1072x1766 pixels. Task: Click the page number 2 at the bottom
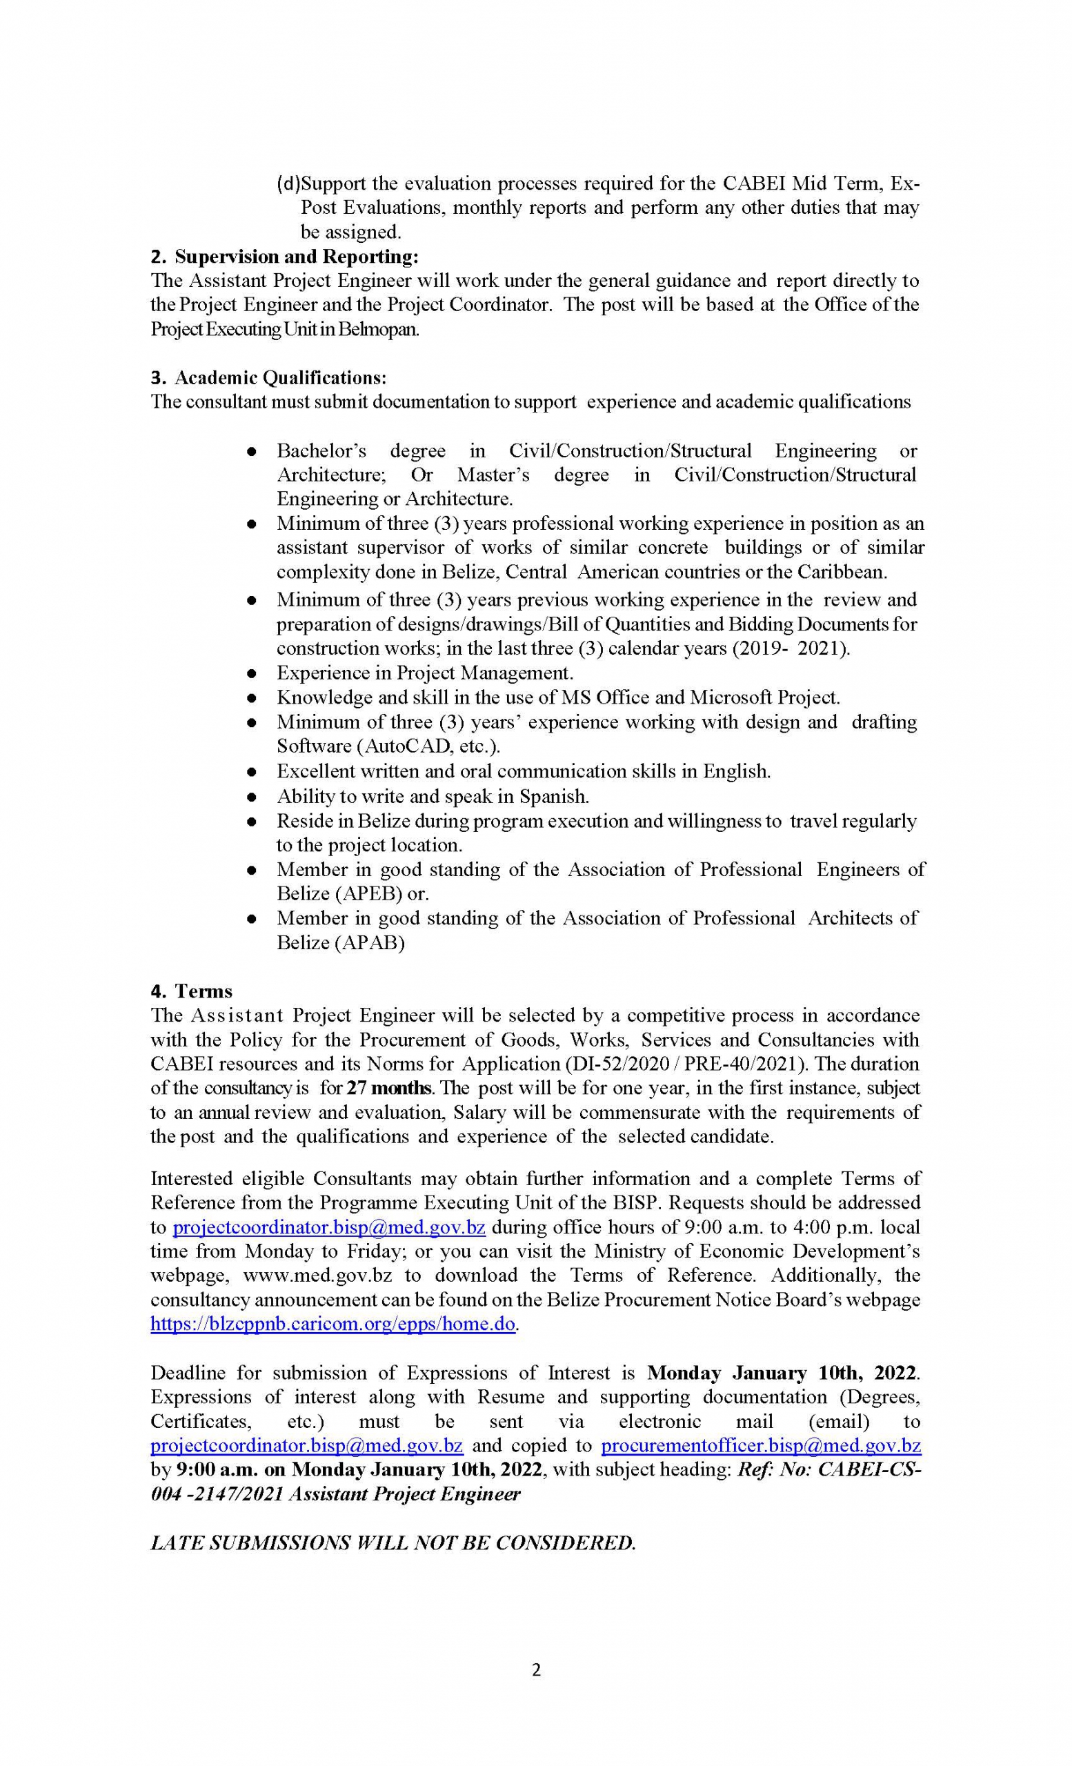click(x=536, y=1670)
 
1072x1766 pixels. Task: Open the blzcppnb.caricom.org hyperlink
click(x=332, y=1324)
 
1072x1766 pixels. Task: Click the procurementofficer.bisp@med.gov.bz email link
click(x=760, y=1446)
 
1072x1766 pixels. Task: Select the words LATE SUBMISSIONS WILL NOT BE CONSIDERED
click(x=393, y=1542)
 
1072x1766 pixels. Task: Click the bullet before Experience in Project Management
click(x=252, y=674)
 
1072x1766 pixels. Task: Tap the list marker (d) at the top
click(x=288, y=183)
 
